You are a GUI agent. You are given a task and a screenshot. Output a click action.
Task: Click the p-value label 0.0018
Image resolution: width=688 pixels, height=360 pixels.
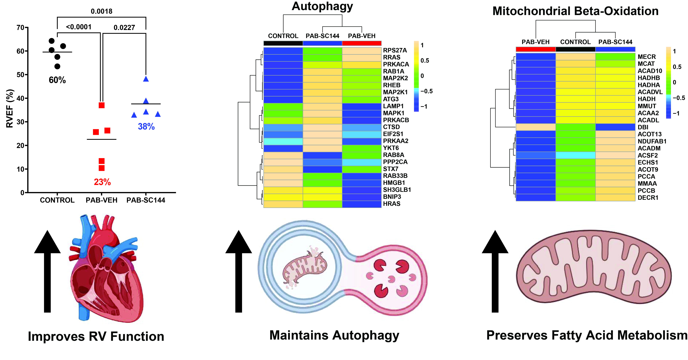click(102, 11)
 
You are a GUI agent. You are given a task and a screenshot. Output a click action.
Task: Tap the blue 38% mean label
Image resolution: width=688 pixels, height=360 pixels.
click(146, 126)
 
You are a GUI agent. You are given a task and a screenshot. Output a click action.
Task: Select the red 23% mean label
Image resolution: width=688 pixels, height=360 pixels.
click(102, 182)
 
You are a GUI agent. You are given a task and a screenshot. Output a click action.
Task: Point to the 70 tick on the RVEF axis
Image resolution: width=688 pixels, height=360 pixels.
click(20, 28)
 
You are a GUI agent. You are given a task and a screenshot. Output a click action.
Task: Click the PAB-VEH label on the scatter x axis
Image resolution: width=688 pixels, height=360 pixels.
click(102, 200)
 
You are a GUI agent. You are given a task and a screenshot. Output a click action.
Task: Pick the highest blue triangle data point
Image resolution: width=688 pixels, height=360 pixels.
click(146, 79)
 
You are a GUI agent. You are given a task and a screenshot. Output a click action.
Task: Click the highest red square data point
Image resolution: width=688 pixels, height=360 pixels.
click(102, 105)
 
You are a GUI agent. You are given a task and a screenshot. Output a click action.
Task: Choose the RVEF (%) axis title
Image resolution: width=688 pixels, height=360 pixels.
click(10, 108)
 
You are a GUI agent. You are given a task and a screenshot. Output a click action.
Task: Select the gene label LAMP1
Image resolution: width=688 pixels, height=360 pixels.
click(393, 106)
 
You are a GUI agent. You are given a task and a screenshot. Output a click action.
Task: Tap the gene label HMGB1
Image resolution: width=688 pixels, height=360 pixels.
click(394, 183)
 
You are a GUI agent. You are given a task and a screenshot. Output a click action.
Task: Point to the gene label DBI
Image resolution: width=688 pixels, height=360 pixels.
click(643, 127)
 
